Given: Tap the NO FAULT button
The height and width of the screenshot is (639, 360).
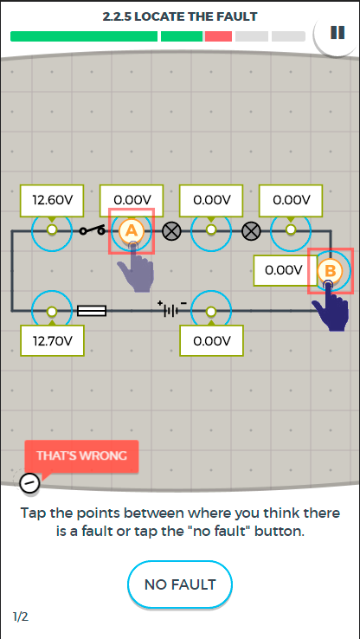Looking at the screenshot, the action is click(180, 584).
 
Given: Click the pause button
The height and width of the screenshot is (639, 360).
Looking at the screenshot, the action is click(337, 33).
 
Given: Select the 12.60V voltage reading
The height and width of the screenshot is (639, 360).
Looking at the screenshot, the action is click(52, 200).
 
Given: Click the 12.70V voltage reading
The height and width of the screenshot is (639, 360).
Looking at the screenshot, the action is click(52, 340).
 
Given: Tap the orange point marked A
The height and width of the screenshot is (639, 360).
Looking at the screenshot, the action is click(132, 231).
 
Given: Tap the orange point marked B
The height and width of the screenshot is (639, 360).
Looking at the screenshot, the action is click(330, 271).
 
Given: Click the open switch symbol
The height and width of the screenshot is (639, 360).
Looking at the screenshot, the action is click(92, 230).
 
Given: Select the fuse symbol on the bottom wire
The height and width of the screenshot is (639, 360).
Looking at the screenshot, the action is click(92, 312).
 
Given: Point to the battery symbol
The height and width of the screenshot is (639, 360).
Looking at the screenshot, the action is click(173, 310).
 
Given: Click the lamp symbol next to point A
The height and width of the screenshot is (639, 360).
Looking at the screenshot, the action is click(171, 231).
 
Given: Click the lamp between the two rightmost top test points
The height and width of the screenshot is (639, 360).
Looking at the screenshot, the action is click(251, 231).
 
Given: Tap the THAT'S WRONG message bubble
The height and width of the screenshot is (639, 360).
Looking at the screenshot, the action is click(81, 455).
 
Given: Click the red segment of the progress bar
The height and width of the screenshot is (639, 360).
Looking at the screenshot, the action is click(218, 36).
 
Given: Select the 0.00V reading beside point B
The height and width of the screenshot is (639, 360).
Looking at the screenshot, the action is click(284, 270).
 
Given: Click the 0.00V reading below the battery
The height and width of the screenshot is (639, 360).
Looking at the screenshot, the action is click(212, 340).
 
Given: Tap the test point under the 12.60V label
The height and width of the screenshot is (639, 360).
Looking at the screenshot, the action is click(52, 229).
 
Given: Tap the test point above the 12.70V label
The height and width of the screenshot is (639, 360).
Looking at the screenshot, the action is click(52, 312).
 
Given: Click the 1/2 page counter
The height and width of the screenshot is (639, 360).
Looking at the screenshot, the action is click(21, 617).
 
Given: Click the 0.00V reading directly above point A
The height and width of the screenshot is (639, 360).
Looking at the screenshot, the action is click(132, 200).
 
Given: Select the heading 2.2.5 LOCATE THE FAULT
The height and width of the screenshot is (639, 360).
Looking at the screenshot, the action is click(180, 16).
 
